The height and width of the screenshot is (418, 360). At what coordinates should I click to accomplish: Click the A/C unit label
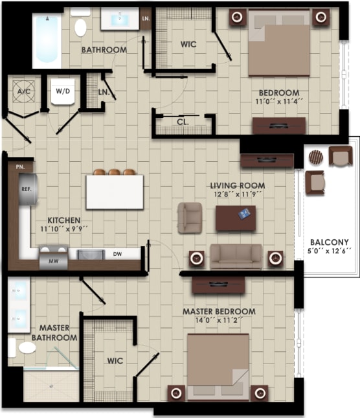pos(25,91)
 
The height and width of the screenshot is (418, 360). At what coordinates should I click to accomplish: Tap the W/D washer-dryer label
pos(63,91)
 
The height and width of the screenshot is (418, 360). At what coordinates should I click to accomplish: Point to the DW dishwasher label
pos(118,254)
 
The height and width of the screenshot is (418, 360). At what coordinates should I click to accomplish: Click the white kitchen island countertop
pos(115,192)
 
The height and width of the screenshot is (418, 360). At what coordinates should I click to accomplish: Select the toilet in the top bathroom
pos(81,27)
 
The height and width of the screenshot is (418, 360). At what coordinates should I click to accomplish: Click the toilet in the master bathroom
pos(27,347)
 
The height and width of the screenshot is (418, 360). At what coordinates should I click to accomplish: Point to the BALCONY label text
pos(329,242)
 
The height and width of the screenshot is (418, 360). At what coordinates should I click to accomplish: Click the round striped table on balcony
pos(315,157)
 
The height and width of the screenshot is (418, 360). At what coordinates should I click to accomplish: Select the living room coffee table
pos(235,218)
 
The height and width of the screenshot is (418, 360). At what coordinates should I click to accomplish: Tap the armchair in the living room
pos(190,217)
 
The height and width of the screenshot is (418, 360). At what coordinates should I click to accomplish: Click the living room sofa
pos(236,256)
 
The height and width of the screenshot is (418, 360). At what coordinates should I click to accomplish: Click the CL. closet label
pos(182,122)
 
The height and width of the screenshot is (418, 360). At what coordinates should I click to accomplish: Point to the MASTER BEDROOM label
pos(219,312)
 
